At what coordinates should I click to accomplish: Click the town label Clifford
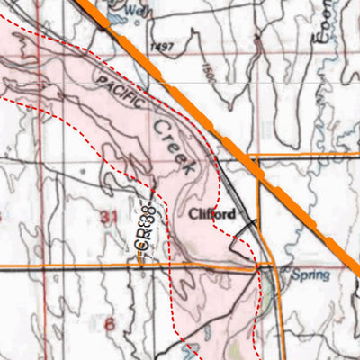point(212,214)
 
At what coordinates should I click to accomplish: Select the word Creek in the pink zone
point(175,146)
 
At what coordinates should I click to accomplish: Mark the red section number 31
point(111,217)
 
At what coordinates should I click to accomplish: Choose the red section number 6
point(111,323)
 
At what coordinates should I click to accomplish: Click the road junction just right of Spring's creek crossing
point(277,268)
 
